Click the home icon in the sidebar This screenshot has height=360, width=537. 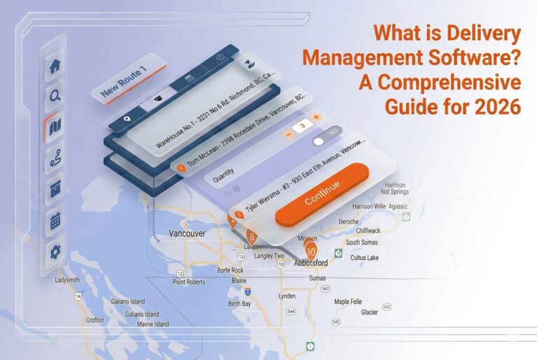(x=55, y=68)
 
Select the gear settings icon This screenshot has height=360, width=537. (x=55, y=252)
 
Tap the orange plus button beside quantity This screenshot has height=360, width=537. (x=316, y=117)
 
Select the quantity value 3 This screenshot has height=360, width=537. (x=302, y=124)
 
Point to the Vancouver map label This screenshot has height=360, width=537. (x=187, y=233)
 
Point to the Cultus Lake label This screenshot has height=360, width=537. (x=366, y=257)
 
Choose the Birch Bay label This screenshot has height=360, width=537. (x=240, y=303)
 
